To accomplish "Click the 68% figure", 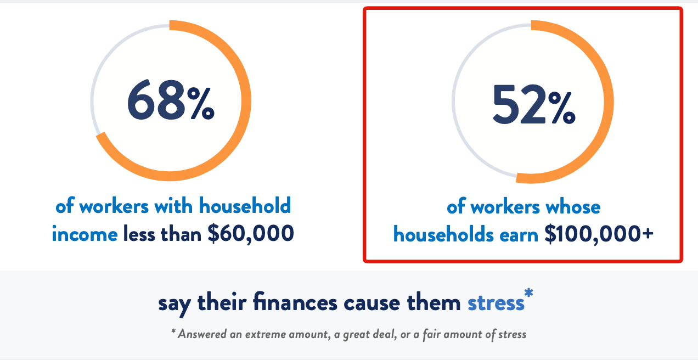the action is pos(171,100).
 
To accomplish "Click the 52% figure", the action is pos(534,104).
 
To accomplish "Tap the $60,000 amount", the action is pos(251,233).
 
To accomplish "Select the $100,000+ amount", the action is pos(599,234).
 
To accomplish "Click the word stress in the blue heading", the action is pos(496,303).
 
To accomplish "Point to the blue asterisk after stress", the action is pos(529,293).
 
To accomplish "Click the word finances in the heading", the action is pos(295,302).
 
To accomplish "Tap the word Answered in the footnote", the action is pos(202,334).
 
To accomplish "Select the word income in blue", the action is pos(85,234).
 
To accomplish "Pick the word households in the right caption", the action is pos(443,234).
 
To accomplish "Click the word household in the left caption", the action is pos(245,205).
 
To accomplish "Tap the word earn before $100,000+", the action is pos(519,235).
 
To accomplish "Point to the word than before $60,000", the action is pos(181,234).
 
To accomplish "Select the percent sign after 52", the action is pos(562,108).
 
